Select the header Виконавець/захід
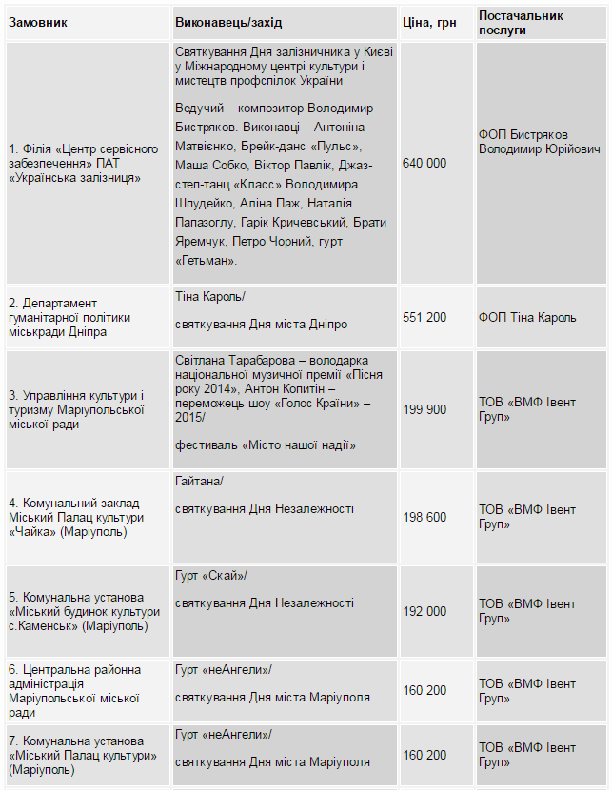(x=228, y=22)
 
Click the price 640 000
(x=424, y=164)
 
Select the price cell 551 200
(x=424, y=317)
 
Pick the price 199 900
(x=424, y=409)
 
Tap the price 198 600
(x=424, y=517)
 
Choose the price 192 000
(x=424, y=611)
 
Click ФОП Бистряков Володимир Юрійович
(x=539, y=143)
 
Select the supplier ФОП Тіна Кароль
(x=526, y=317)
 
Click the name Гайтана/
(x=199, y=482)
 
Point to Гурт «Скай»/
(x=210, y=575)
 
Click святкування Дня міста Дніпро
(x=261, y=324)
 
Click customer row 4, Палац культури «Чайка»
(x=76, y=517)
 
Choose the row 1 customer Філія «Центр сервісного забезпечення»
(x=83, y=164)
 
